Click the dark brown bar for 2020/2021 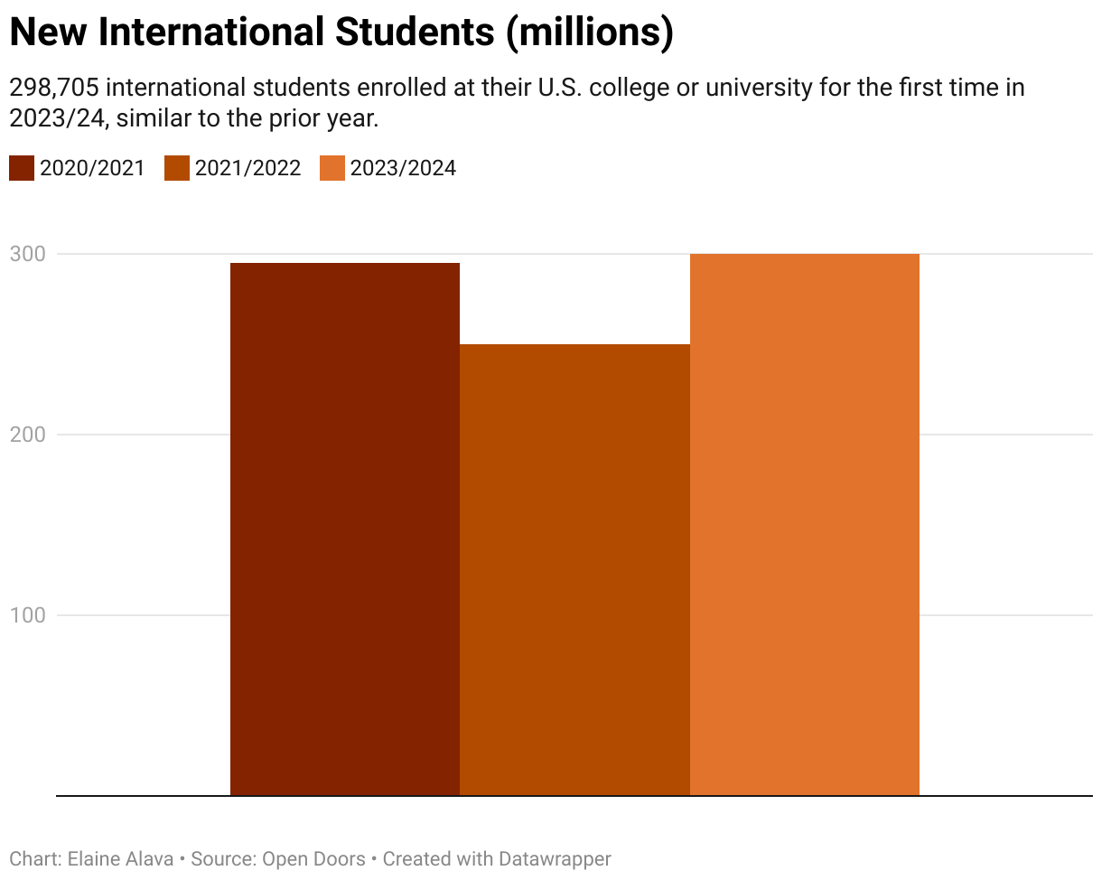[345, 529]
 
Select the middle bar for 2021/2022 [574, 569]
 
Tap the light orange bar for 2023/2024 [804, 524]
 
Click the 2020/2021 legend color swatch [22, 168]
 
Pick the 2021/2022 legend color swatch [177, 168]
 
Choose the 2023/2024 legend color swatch [332, 168]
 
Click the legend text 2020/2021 [92, 168]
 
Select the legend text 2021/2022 [247, 168]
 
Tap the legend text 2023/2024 [403, 168]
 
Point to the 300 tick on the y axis [27, 254]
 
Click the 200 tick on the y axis [27, 435]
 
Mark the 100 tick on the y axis [27, 615]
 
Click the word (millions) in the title [589, 33]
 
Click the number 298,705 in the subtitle [54, 89]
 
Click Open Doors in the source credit [313, 858]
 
